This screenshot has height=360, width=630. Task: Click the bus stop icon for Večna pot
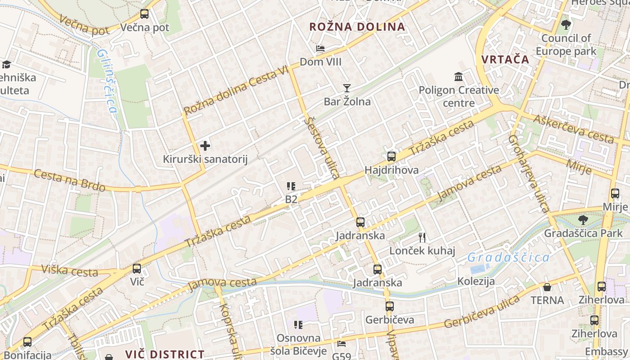pos(144,14)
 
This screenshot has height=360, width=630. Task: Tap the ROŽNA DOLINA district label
pos(357,27)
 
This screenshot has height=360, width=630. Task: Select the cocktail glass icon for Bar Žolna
pos(346,88)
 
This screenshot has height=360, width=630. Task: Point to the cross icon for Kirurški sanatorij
pos(205,146)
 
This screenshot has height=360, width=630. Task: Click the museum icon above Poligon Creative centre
pos(459,77)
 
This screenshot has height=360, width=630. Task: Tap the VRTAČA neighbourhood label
pos(505,59)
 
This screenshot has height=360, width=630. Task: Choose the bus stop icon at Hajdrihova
pos(391,157)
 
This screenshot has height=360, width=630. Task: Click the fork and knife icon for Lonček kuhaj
pos(422,237)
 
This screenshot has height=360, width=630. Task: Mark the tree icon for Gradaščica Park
pos(583,220)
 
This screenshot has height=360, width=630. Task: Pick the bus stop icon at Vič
pos(137,269)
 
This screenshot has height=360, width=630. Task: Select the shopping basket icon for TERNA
pos(547,287)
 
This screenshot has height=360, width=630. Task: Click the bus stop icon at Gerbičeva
pos(390,306)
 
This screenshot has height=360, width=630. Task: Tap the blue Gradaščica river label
pos(508,258)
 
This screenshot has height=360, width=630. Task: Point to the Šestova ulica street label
pos(321,148)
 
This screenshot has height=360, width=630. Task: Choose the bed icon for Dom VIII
pos(320,49)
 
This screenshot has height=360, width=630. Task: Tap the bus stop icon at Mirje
pos(615,193)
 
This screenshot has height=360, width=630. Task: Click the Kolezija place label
pos(476,282)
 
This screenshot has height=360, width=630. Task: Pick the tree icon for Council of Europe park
pos(566,25)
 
